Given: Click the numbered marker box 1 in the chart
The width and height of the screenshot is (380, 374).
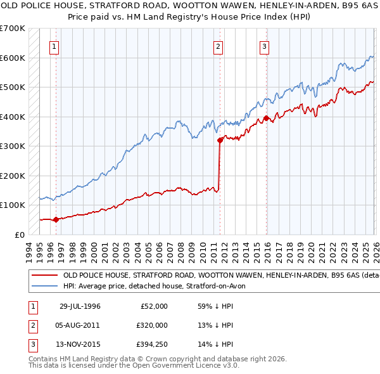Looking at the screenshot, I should (54, 46).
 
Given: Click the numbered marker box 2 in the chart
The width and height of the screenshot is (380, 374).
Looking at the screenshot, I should (218, 46).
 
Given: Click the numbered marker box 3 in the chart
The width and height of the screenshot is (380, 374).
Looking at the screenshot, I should (264, 46).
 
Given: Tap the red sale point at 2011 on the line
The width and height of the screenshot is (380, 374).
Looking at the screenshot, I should (220, 140).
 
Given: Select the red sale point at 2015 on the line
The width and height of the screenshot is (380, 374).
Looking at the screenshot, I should (266, 118).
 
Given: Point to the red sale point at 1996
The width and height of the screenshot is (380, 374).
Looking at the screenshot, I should (56, 219).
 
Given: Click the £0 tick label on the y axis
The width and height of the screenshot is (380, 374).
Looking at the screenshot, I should (19, 235).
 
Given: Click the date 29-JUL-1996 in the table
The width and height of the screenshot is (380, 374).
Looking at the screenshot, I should (80, 306).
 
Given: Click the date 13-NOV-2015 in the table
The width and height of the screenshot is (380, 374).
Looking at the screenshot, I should (80, 344).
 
